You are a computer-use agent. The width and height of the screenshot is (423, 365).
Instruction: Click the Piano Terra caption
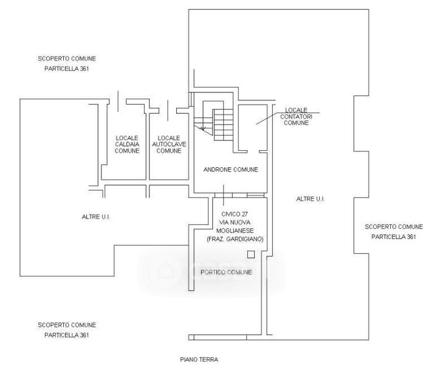pyautogui.click(x=199, y=360)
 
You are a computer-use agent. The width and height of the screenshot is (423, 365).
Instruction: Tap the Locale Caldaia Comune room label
pyautogui.click(x=127, y=144)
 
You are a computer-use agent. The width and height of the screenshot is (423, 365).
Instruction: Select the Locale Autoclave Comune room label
pyautogui.click(x=169, y=144)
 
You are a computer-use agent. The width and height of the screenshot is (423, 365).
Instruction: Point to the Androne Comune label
pyautogui.click(x=231, y=170)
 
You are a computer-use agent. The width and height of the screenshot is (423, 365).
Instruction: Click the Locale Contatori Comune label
pyautogui.click(x=296, y=116)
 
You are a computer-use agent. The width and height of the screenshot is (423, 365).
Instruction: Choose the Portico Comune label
pyautogui.click(x=226, y=272)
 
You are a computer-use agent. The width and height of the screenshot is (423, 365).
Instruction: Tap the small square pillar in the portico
pyautogui.click(x=251, y=254)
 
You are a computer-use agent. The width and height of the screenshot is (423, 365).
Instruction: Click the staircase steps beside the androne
pyautogui.click(x=224, y=125)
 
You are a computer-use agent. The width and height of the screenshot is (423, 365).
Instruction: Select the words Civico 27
pyautogui.click(x=234, y=214)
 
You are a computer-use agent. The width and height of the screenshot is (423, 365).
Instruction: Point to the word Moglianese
pyautogui.click(x=235, y=231)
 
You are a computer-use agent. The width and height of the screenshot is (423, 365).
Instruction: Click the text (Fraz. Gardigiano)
pyautogui.click(x=235, y=239)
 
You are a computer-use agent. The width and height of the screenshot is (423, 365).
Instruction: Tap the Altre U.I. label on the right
pyautogui.click(x=310, y=199)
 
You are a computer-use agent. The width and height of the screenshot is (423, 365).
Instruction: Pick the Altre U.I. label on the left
pyautogui.click(x=96, y=217)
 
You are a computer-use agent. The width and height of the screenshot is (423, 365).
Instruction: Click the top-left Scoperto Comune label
pyautogui.click(x=67, y=58)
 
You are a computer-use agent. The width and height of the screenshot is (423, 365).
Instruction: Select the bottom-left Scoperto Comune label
pyautogui.click(x=67, y=325)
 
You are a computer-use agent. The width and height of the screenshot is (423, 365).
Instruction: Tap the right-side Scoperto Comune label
pyautogui.click(x=394, y=227)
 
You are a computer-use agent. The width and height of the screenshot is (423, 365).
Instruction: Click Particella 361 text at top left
pyautogui.click(x=66, y=69)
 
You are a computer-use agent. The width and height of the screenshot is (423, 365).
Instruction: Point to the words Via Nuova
pyautogui.click(x=235, y=222)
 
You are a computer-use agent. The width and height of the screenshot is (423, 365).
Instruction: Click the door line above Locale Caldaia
pyautogui.click(x=118, y=101)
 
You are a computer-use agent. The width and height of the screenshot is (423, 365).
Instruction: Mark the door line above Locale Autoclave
pyautogui.click(x=168, y=111)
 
